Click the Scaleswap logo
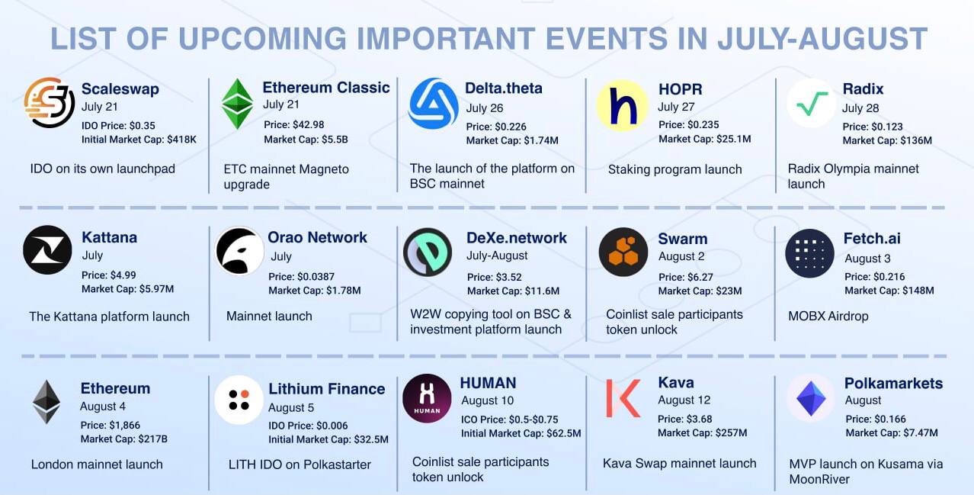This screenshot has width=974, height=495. point(49,103)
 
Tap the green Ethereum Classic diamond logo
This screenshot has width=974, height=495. point(237,104)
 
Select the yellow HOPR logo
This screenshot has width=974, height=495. point(622,106)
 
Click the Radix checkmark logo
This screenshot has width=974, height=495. point(812,104)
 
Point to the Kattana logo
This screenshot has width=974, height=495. point(47,249)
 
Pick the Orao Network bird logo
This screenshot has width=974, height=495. point(239,251)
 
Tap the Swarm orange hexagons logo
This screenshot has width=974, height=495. point(623,252)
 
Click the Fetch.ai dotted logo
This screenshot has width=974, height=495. point(809,253)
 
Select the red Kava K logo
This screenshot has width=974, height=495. point(623,398)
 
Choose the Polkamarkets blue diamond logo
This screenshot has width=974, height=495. point(811,398)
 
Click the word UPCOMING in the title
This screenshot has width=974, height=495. point(262,39)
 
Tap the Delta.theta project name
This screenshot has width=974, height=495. point(504,88)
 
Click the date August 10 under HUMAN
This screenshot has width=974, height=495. point(488,400)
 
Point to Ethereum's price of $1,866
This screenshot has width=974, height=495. point(111,425)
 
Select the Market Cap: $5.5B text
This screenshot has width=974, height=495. point(306,140)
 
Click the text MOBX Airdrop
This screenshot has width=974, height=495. point(828,317)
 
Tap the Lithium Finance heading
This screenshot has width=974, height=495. point(326,389)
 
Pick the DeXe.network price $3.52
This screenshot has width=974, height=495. point(495,277)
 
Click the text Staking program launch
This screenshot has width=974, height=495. point(674,169)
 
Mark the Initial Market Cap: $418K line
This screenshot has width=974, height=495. point(139,140)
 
